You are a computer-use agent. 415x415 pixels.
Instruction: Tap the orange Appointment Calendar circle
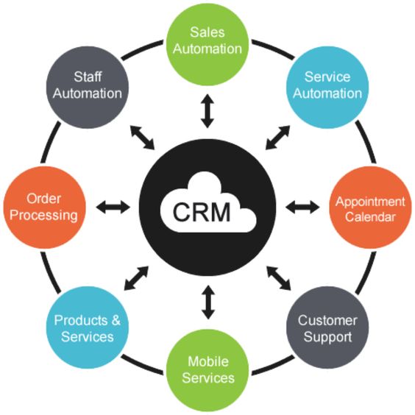[x=369, y=208]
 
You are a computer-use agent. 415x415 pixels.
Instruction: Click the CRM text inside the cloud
[x=202, y=212]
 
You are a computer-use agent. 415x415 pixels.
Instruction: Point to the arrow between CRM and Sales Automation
[x=208, y=110]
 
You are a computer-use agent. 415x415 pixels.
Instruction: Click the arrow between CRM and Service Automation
[x=277, y=137]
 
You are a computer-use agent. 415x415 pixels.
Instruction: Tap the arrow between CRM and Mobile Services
[x=208, y=304]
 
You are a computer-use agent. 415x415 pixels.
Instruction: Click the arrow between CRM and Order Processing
[x=112, y=207]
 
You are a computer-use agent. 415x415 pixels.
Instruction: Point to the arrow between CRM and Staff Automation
[x=139, y=137]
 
